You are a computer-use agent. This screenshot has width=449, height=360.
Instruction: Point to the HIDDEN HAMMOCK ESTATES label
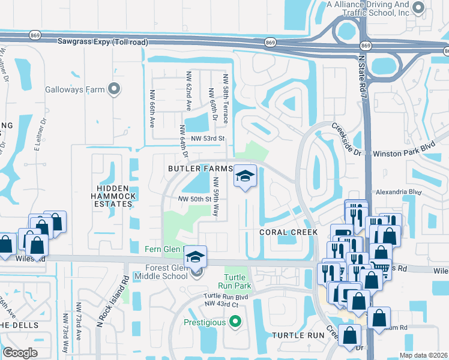click(x=113, y=196)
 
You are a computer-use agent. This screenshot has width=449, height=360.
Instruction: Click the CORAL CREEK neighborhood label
click(x=283, y=232)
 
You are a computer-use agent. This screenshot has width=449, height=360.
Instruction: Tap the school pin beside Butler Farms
click(x=244, y=176)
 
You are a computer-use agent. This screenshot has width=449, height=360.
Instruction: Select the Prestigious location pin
click(x=235, y=322)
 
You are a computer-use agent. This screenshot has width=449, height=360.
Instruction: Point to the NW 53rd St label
click(x=207, y=139)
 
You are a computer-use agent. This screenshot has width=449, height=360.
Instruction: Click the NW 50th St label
click(x=194, y=199)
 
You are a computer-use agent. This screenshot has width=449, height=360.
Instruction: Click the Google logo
click(x=20, y=353)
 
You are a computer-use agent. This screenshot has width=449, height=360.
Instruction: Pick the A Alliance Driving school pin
click(x=419, y=8)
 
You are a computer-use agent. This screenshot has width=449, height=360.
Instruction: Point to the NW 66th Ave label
click(x=152, y=109)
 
